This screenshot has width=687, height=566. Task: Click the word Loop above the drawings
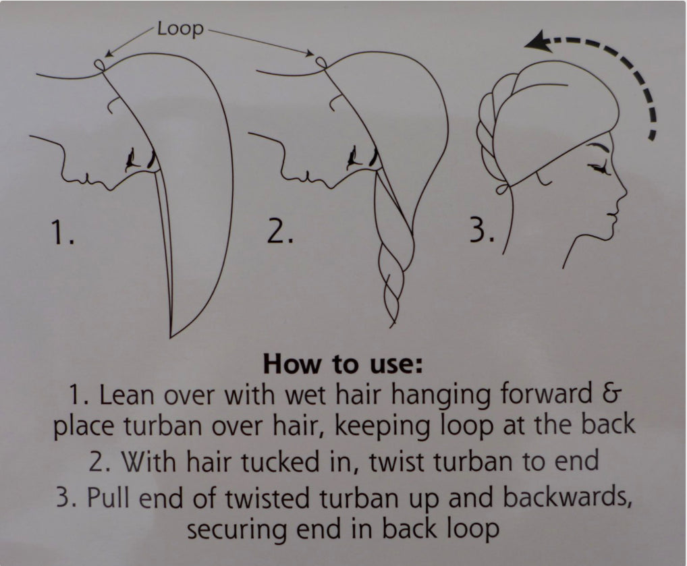point(180,29)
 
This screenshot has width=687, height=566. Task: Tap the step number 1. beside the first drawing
point(63,232)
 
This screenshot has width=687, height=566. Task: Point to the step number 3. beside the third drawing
point(483,231)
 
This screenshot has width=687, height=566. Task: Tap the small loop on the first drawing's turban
point(99,65)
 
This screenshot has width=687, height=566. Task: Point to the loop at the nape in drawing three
point(503,190)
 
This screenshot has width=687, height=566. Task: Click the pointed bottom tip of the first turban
point(171,337)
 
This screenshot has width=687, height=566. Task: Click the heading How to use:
point(343,364)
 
